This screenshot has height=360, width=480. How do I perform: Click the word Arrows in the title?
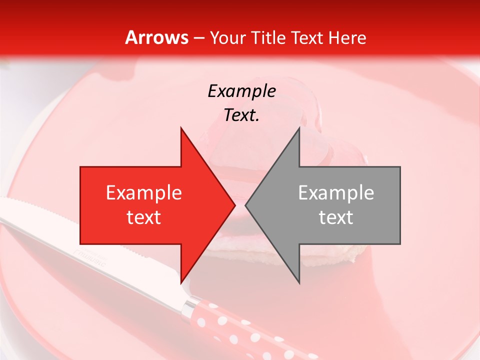pos(157,37)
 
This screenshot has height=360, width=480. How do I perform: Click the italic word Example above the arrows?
pos(241,91)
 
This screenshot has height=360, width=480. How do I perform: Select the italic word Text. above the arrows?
pos(241,115)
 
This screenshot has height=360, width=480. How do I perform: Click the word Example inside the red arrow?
pos(144,192)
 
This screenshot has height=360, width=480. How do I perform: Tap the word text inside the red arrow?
pos(144,217)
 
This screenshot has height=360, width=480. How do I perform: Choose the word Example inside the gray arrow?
pos(336,192)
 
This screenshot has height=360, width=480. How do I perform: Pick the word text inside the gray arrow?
pos(336,217)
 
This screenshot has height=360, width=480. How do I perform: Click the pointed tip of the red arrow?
pos(234,205)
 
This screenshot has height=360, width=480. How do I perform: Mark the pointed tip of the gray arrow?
pos(246,205)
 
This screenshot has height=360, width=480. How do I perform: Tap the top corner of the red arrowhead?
pos(181,128)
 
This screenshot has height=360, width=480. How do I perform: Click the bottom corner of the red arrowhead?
pos(181,282)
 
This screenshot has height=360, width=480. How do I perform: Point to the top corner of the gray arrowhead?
pos(299,128)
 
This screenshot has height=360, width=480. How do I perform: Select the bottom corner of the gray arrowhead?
pos(299,282)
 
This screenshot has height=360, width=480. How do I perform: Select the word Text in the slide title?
pos(306,37)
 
